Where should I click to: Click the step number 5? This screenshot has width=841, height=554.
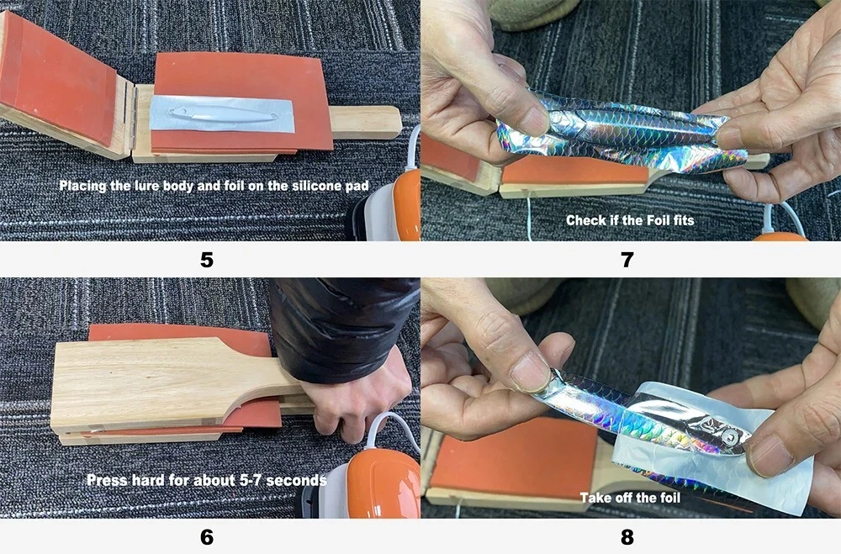point(207,260)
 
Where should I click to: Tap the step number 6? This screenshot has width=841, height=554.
point(207,536)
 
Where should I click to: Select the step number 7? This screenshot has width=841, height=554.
point(627,260)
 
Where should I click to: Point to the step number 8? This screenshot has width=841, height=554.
point(627,536)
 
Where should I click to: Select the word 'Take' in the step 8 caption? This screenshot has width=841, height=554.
point(595,498)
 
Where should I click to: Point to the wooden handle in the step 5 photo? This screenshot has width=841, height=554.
point(366,122)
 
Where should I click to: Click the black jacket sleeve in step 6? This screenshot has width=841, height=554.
point(341,328)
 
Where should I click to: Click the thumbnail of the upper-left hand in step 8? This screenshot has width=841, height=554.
point(530,373)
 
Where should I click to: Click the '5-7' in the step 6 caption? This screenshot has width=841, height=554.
point(248,479)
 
